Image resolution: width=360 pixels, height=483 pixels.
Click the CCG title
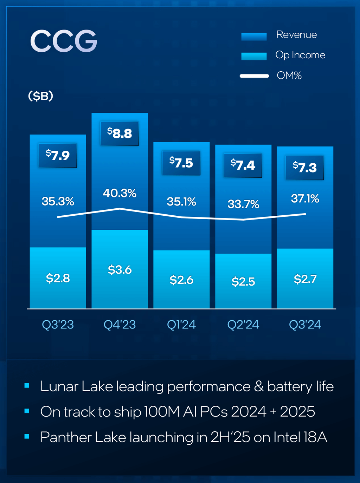[x=64, y=41]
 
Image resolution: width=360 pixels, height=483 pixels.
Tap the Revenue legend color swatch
[x=254, y=36]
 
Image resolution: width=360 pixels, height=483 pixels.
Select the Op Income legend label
[x=300, y=55]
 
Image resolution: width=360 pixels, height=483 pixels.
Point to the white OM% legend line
[x=254, y=76]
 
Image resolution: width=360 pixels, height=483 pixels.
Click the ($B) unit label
[x=40, y=96]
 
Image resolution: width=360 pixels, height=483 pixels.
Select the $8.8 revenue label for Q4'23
[x=120, y=133]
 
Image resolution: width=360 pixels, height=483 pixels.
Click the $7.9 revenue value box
[x=58, y=155]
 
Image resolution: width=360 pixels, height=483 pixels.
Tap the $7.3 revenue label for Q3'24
[x=305, y=168]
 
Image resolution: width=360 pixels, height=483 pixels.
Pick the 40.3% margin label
[x=120, y=193]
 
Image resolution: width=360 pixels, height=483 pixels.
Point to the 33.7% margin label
[x=243, y=204]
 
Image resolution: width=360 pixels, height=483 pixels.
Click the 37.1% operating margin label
[x=305, y=199]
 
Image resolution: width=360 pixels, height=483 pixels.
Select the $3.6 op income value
[x=120, y=270]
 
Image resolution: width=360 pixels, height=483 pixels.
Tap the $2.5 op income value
[x=243, y=282]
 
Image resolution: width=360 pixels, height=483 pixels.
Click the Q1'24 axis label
[x=181, y=325]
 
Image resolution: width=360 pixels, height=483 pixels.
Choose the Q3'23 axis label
[x=58, y=325]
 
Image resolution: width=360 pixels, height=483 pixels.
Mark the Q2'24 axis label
[x=243, y=325]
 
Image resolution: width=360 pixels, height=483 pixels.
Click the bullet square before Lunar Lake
[x=27, y=386]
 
